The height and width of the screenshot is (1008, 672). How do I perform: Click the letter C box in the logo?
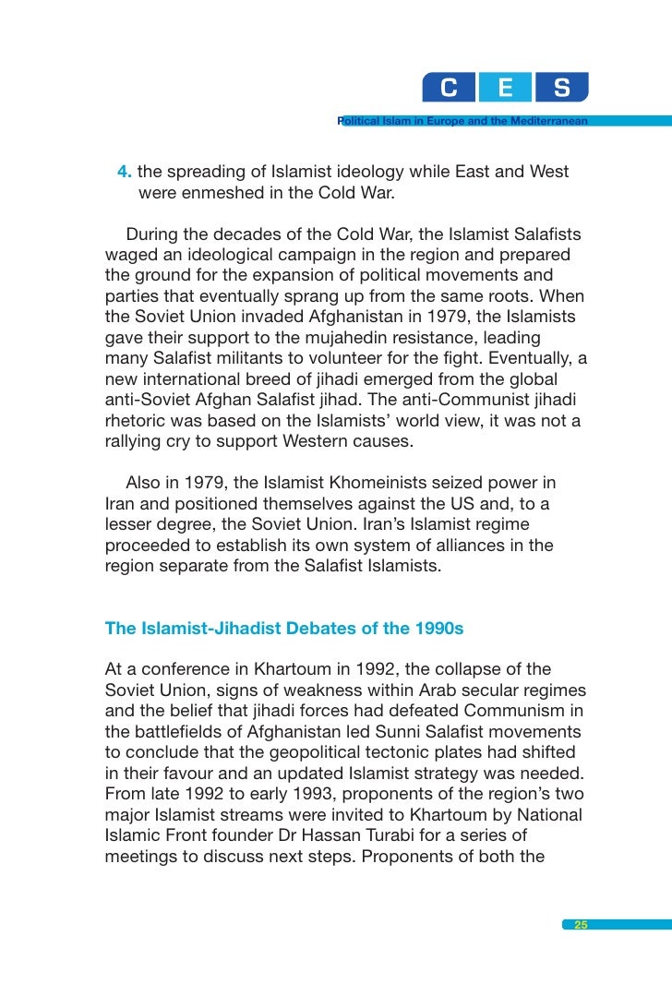point(449,89)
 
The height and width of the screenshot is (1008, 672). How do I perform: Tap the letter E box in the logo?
point(505,89)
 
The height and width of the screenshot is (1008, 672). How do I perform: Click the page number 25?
point(581,925)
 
